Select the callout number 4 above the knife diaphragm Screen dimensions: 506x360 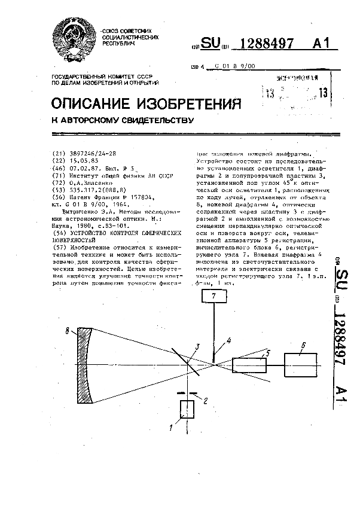point(228,341)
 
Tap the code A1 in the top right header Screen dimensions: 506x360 point(320,43)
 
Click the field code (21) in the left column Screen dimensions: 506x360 point(59,153)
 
